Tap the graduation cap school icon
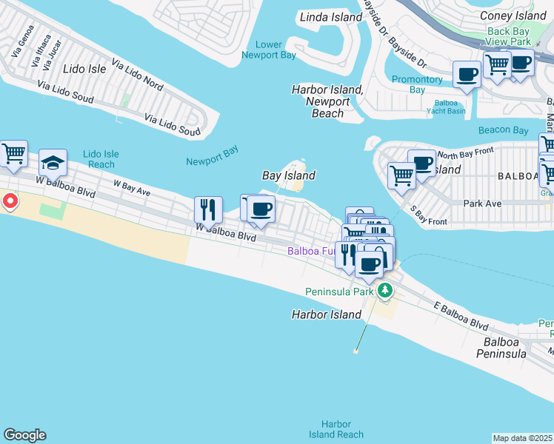tap(53, 162)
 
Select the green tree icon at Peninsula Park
tap(384, 290)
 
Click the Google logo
tap(24, 435)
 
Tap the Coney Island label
tap(513, 16)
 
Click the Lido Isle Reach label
tap(100, 159)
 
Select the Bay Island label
tap(289, 175)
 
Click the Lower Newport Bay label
tap(270, 50)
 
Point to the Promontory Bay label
tap(417, 84)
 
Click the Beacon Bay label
tap(503, 130)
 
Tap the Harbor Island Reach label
tap(336, 429)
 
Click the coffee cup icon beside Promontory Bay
tap(467, 75)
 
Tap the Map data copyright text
tap(523, 438)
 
